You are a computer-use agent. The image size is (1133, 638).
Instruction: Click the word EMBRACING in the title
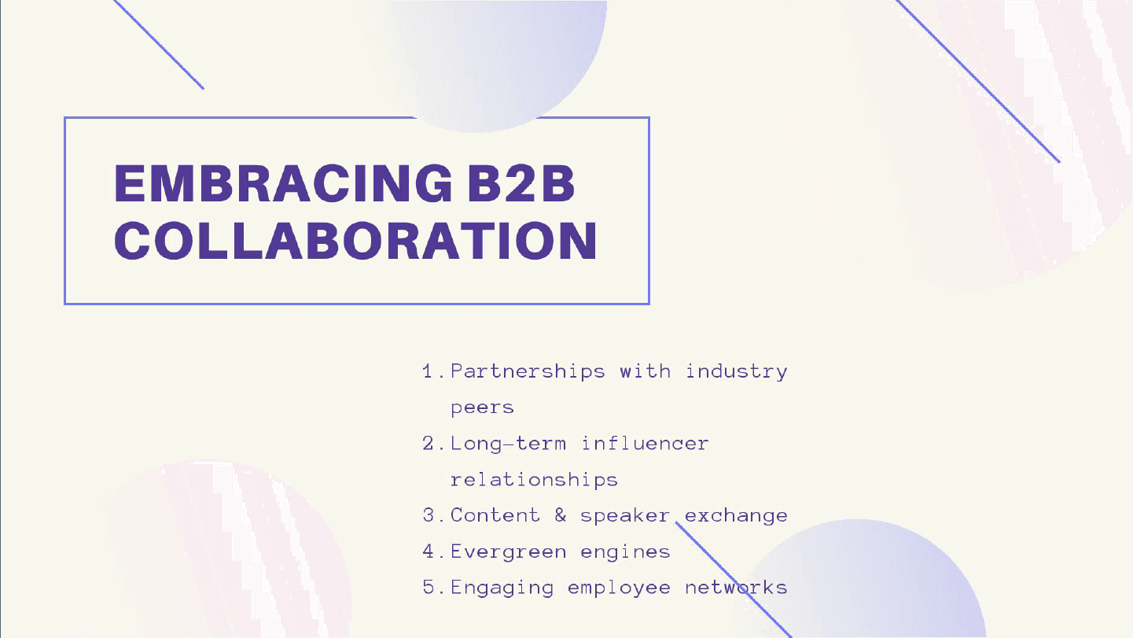283,183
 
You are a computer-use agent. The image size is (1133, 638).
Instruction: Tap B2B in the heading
521,183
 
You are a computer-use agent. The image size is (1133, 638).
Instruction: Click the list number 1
428,371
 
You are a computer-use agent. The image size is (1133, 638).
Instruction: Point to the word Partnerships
528,372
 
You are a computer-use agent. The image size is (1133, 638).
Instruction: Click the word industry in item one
737,372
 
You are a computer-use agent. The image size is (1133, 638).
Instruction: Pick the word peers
482,408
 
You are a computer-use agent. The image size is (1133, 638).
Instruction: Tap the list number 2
428,444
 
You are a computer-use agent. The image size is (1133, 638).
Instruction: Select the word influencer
645,444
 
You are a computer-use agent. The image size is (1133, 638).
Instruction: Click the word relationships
534,480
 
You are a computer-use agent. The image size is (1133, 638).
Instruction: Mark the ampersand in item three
561,515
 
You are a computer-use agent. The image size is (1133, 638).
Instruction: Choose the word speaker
624,516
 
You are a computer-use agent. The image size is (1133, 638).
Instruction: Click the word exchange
737,516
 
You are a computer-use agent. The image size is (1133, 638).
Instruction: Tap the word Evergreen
509,552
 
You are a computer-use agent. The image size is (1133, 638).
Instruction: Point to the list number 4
428,551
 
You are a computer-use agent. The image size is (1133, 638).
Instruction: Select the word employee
619,588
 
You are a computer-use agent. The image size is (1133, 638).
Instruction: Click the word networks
737,588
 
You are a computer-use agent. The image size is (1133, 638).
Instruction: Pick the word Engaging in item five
502,588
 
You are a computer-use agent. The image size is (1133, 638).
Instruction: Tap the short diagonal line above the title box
158,45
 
